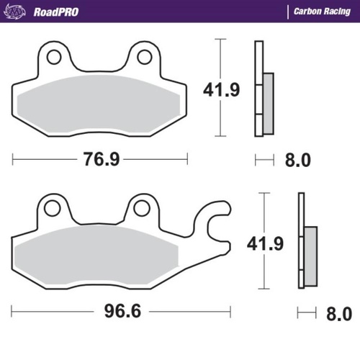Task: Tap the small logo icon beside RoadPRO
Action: (19, 12)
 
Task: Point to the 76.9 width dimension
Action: (100, 158)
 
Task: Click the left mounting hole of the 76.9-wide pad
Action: (53, 56)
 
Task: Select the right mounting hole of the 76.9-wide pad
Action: (145, 56)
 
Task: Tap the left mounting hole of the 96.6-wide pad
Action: (50, 207)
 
